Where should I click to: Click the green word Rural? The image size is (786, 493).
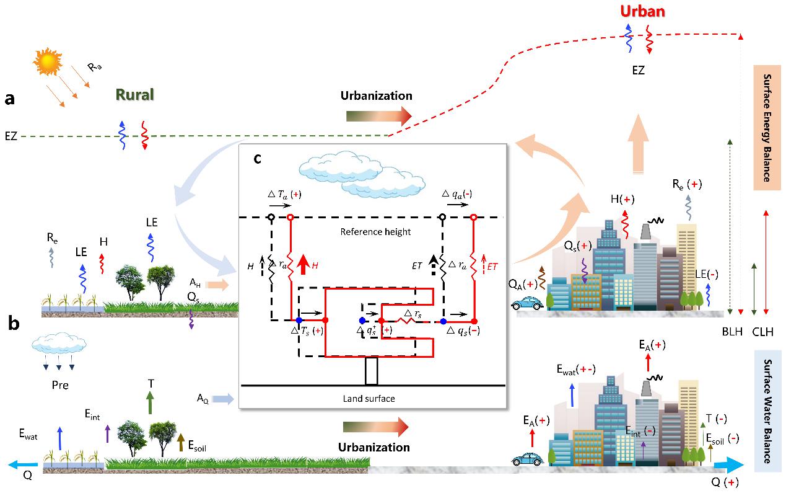tap(134, 95)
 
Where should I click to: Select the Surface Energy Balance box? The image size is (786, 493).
tap(767, 127)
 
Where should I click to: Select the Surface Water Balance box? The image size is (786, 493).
tap(767, 407)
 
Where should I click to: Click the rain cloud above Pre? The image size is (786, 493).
tap(59, 343)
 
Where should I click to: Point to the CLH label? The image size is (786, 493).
tap(762, 332)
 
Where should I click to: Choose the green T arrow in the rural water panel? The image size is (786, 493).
tap(150, 402)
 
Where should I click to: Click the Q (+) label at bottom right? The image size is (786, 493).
tap(724, 482)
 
